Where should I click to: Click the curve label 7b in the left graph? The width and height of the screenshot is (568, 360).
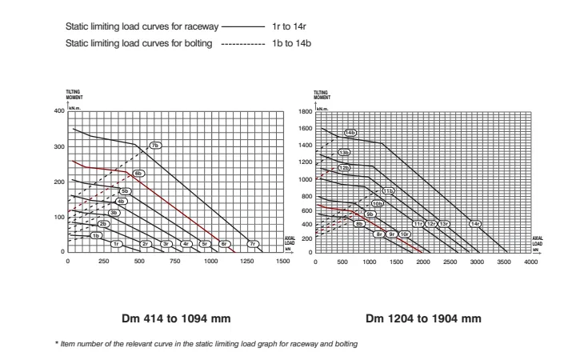point(156,146)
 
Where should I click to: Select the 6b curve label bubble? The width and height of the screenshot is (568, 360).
point(138,173)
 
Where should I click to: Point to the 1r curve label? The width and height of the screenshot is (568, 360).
point(116,243)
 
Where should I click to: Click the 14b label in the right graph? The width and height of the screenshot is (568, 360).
point(350,132)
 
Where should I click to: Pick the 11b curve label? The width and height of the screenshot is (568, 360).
point(388,192)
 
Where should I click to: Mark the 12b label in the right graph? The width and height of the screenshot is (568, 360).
point(344,168)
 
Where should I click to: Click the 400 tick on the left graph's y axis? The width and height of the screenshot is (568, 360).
point(58,110)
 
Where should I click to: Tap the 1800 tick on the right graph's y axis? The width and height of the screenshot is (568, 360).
point(304,112)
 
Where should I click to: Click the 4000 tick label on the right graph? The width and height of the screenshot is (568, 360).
point(530,262)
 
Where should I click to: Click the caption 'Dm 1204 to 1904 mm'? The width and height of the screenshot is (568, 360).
point(424,318)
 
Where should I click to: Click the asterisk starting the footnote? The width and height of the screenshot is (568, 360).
point(56,344)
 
